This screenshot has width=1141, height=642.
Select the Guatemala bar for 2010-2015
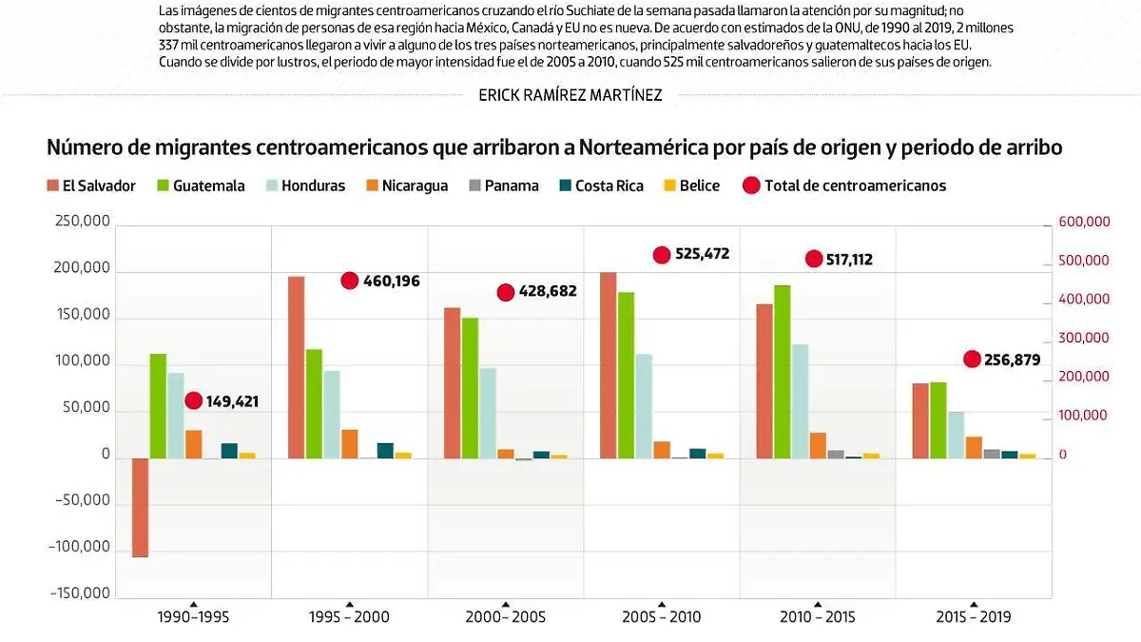[782, 372]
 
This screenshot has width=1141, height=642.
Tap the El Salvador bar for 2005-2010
[609, 365]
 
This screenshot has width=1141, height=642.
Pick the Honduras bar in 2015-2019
[956, 435]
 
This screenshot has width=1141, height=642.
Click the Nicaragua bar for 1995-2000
[350, 443]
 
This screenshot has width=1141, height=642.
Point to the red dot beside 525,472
[662, 255]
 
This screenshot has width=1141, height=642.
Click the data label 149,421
[232, 402]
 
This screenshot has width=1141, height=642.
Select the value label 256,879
[1012, 360]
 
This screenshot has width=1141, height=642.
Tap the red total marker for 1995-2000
[349, 281]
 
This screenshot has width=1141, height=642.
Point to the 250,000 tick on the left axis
[85, 222]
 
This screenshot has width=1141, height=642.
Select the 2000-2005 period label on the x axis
[505, 617]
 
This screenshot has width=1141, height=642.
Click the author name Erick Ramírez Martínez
[570, 95]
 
